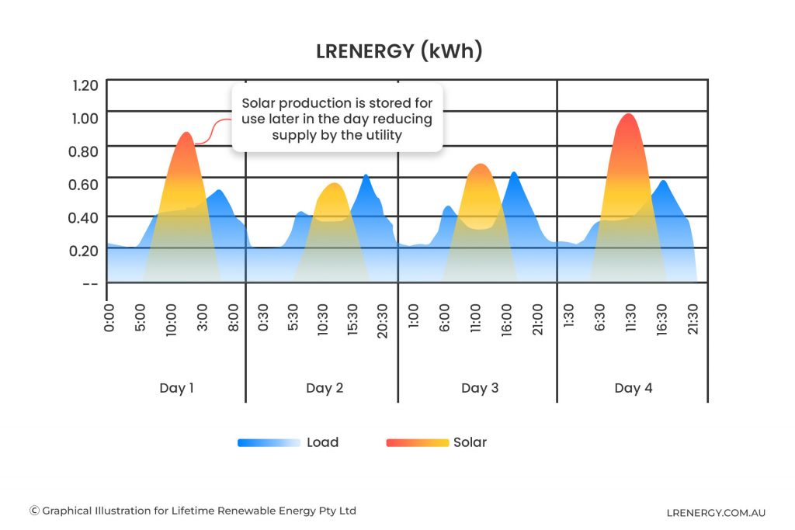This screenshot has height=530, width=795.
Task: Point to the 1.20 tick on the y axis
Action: [85, 85]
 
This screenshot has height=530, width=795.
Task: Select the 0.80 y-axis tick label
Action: [85, 151]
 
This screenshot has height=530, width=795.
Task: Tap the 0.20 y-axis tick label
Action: [85, 250]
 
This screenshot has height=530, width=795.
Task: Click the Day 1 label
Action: [176, 388]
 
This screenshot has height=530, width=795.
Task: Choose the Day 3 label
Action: [480, 388]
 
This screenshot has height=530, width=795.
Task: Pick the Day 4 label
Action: [634, 388]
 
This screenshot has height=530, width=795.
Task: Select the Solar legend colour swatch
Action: [417, 443]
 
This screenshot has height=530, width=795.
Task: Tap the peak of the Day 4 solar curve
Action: [628, 115]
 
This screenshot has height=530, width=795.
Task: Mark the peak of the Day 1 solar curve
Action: [186, 133]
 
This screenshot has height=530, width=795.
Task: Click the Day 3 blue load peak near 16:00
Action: [513, 173]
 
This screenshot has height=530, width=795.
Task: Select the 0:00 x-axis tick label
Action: [109, 318]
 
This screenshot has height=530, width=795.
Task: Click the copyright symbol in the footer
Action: [34, 511]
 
